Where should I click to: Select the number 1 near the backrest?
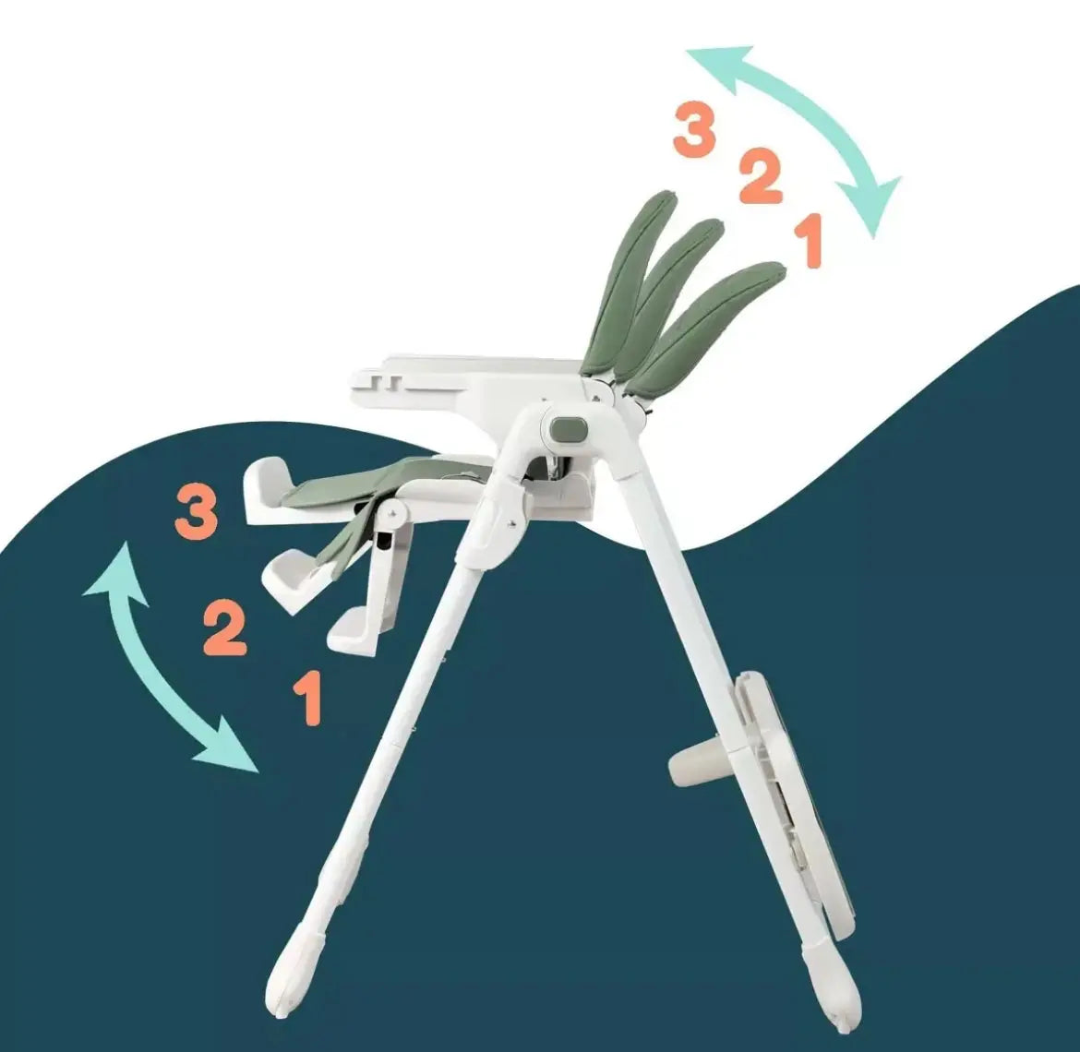[810, 242]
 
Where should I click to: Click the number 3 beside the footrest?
[197, 515]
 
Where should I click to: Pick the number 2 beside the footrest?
[224, 629]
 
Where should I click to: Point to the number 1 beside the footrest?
[308, 699]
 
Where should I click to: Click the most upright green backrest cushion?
[633, 277]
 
